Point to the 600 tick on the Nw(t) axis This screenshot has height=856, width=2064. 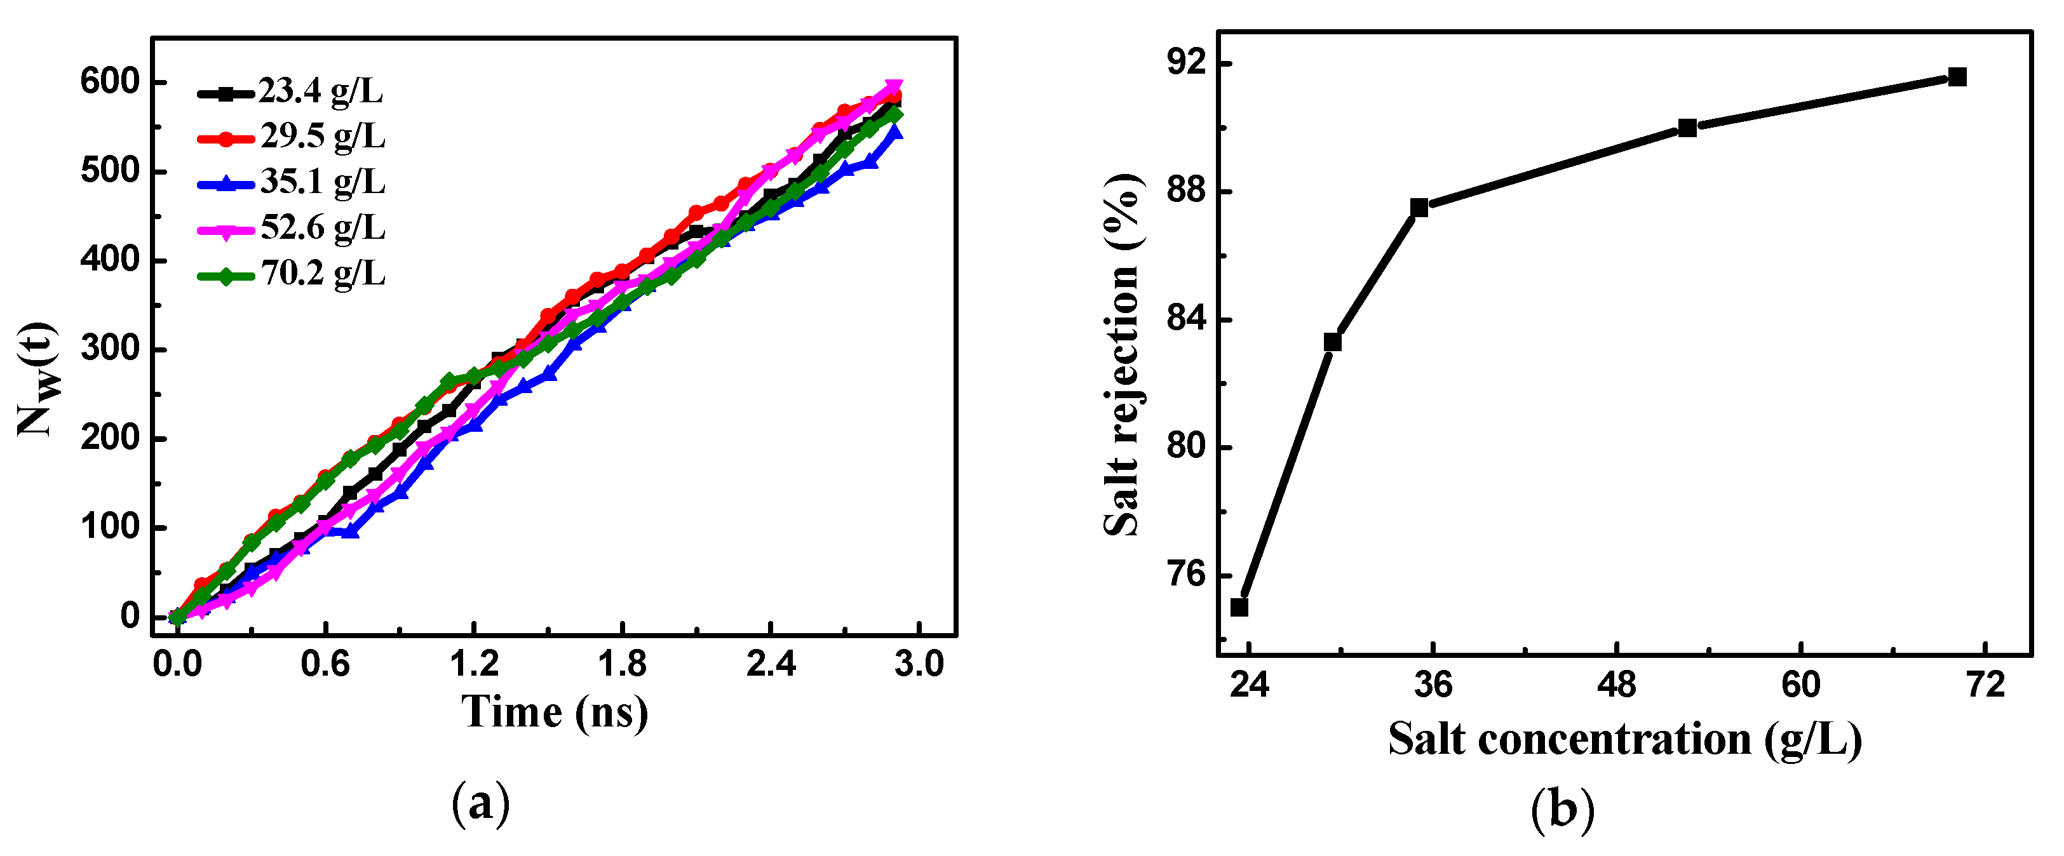pyautogui.click(x=110, y=83)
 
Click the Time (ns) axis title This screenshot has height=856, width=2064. pyautogui.click(x=555, y=712)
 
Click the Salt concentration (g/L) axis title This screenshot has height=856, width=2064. pyautogui.click(x=1625, y=739)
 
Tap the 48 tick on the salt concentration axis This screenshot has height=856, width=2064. pyautogui.click(x=1616, y=685)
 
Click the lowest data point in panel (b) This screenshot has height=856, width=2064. pyautogui.click(x=1239, y=608)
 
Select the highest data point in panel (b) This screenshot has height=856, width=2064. pyautogui.click(x=1957, y=77)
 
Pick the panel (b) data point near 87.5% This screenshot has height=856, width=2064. pyautogui.click(x=1419, y=208)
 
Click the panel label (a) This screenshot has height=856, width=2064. pyautogui.click(x=481, y=803)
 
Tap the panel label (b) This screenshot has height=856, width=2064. pyautogui.click(x=1562, y=809)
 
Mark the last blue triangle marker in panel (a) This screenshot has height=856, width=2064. pyautogui.click(x=894, y=132)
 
